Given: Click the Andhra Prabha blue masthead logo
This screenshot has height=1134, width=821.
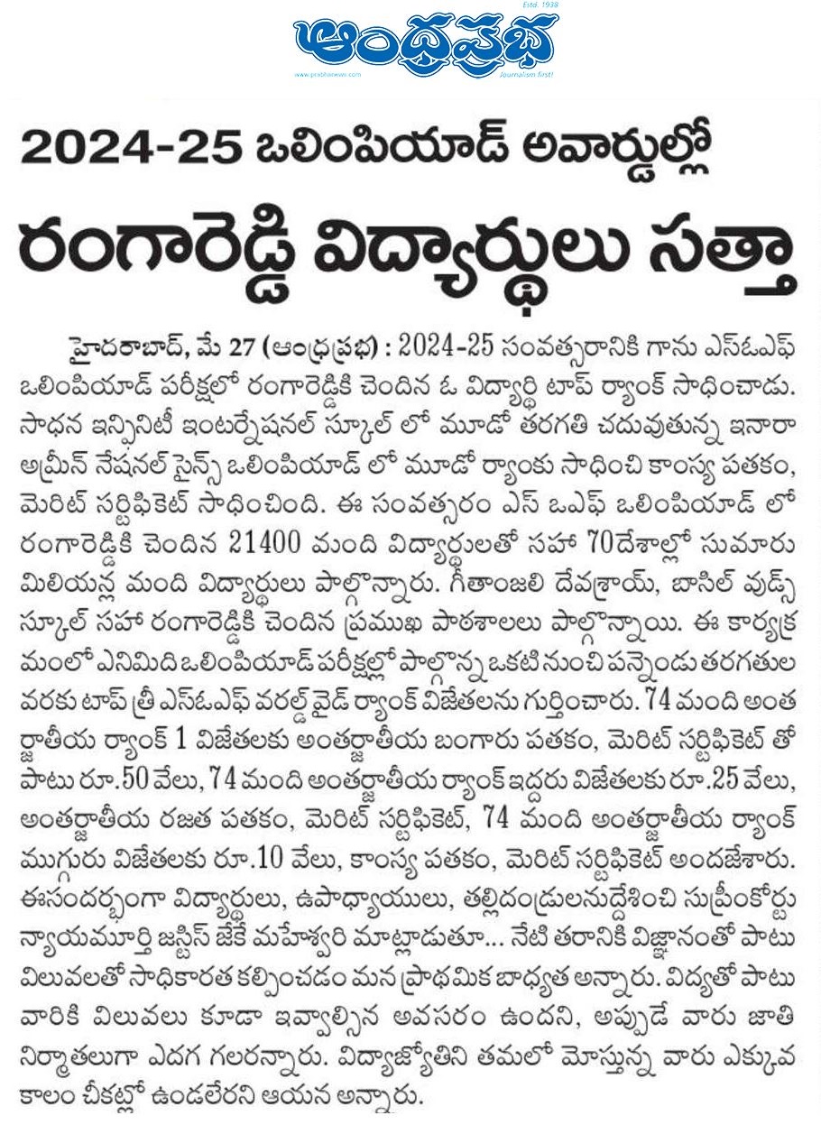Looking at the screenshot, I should pyautogui.click(x=423, y=44).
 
